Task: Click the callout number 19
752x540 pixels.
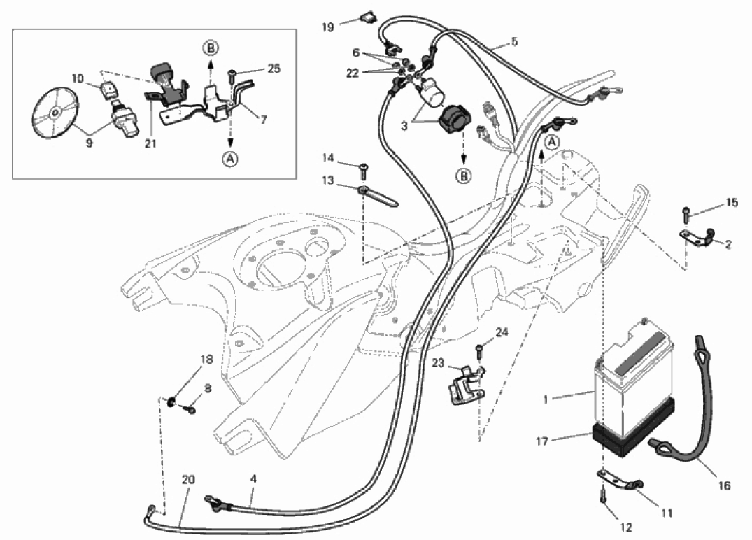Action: click(x=328, y=27)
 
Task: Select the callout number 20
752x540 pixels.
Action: click(x=188, y=480)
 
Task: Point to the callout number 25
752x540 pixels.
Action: click(x=274, y=69)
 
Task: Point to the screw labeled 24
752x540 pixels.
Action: click(x=479, y=348)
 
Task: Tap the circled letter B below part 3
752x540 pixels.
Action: click(x=464, y=177)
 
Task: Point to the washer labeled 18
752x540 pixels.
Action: click(x=171, y=402)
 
